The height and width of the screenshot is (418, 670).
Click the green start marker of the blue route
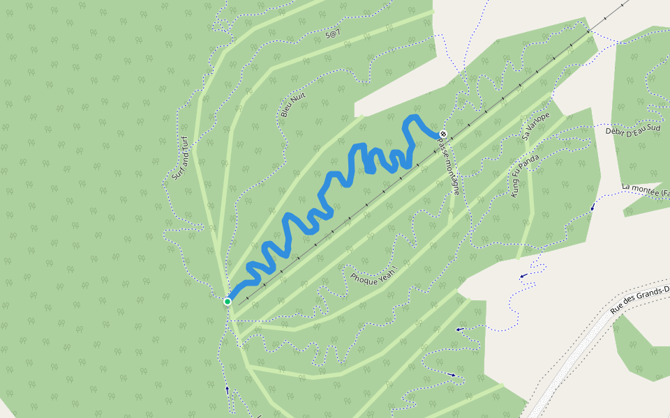228,302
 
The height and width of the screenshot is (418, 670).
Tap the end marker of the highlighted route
442,134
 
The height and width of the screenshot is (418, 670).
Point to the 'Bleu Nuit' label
293,104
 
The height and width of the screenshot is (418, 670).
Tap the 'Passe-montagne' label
448,164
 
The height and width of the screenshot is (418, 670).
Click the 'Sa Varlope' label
536,126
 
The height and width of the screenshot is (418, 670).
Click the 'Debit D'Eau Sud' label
632,130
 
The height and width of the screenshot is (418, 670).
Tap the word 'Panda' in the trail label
531,165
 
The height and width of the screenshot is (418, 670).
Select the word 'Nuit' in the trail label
299,98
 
